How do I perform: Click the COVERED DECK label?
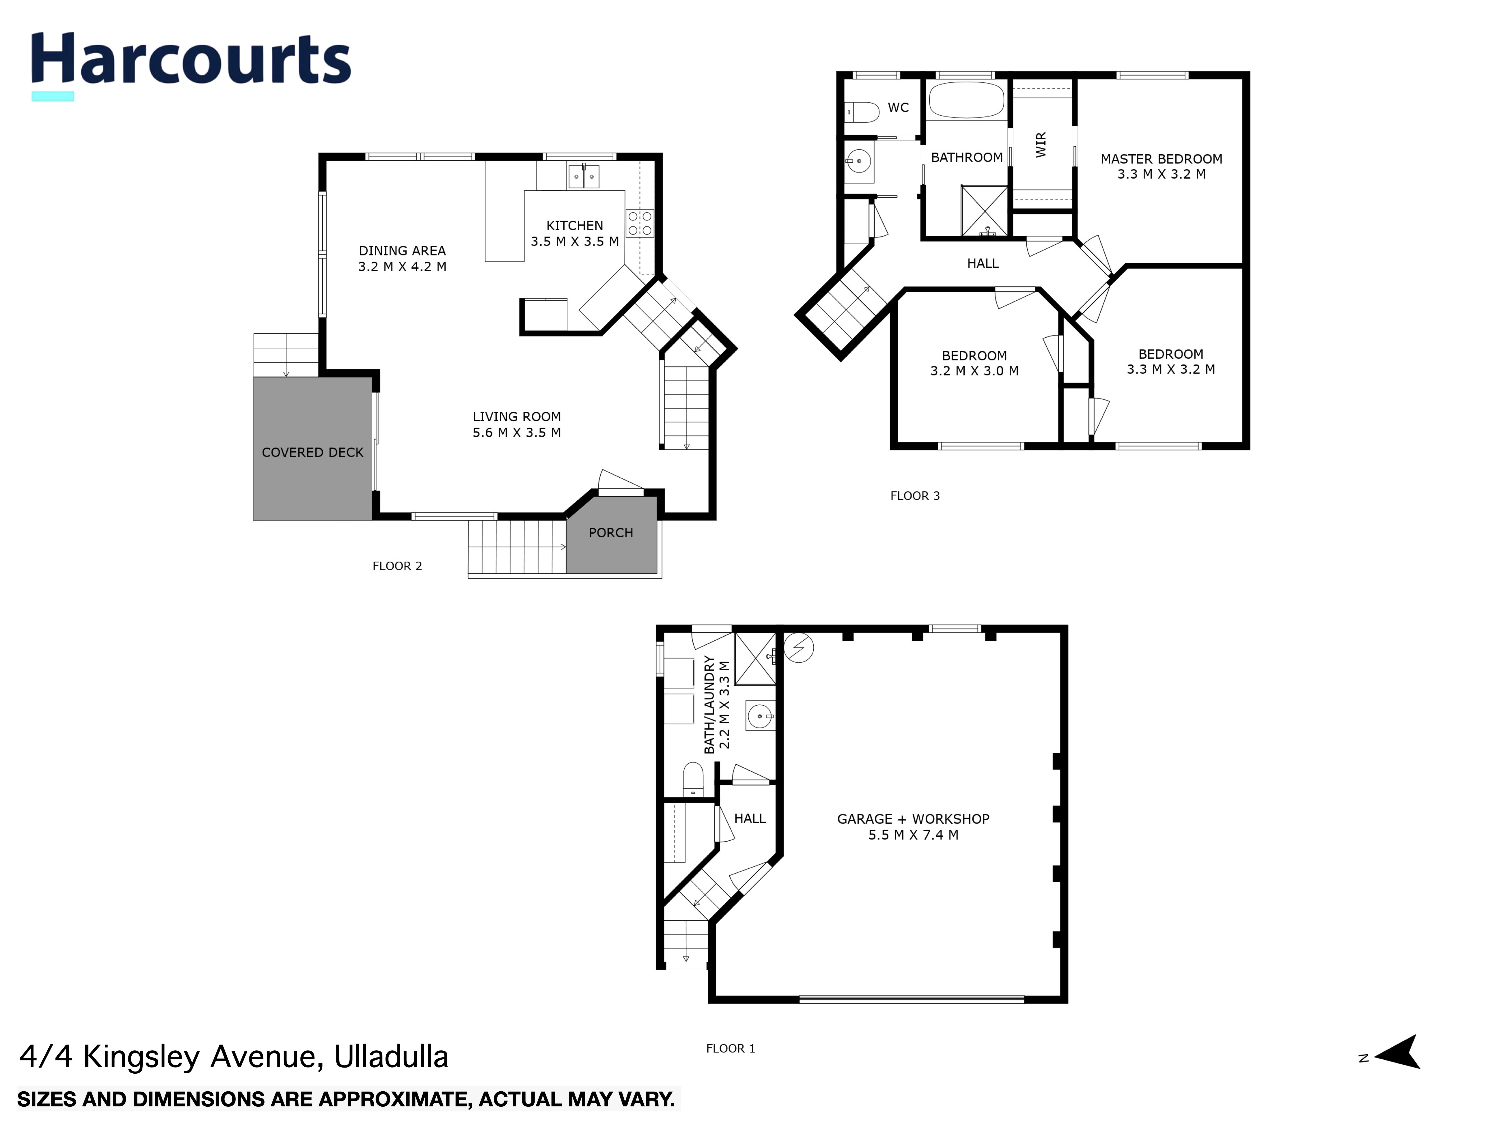(313, 453)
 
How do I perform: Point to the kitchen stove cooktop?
(639, 223)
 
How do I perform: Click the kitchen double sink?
(584, 177)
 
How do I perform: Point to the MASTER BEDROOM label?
(1161, 159)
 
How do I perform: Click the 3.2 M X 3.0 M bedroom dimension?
(974, 371)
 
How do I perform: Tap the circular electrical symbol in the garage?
(798, 648)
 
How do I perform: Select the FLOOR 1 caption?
(730, 1048)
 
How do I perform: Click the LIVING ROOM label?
(516, 416)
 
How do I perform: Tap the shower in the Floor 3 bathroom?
(984, 211)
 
